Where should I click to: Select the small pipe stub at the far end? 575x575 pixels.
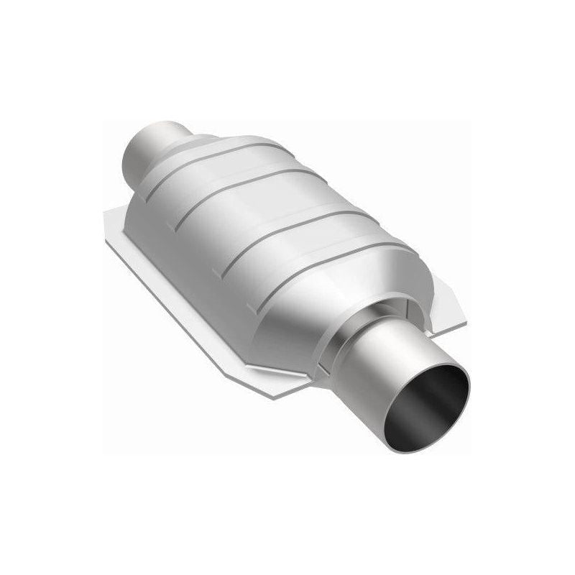point(147,147)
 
